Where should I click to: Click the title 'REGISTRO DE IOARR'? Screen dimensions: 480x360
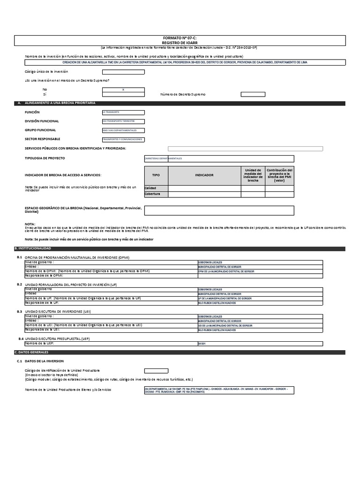click(180, 42)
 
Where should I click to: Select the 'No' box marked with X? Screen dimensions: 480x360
click(123, 89)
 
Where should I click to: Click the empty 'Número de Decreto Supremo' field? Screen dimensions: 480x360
click(253, 94)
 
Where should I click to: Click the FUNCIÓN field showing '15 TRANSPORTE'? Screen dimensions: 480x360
click(123, 112)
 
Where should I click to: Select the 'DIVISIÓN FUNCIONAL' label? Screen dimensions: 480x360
click(42, 121)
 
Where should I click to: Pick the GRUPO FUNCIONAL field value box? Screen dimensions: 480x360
click(123, 130)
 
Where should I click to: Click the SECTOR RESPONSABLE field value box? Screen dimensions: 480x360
click(123, 139)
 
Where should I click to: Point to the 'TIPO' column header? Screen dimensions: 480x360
click(156, 175)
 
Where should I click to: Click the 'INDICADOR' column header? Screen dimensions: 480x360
click(204, 175)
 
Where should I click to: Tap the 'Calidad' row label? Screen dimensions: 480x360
click(150, 188)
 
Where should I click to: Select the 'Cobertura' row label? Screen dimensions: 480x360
click(152, 194)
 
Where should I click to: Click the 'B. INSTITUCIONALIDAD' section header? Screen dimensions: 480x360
click(33, 248)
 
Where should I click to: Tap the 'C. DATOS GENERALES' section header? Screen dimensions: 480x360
click(31, 352)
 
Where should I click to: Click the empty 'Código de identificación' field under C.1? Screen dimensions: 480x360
click(156, 371)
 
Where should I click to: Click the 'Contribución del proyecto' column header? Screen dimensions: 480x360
click(280, 175)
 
